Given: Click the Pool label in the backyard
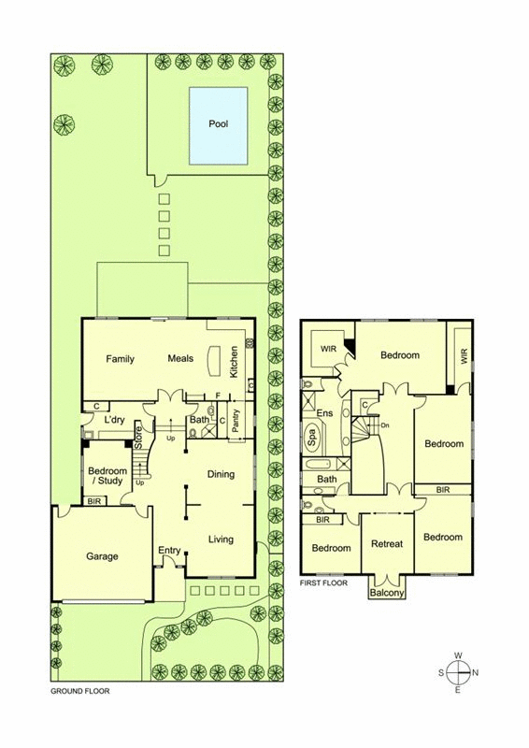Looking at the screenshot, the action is (x=219, y=123).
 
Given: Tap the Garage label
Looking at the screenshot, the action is (x=102, y=556).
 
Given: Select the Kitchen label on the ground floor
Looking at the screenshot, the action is (x=234, y=362).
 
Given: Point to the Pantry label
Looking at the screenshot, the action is (x=236, y=421).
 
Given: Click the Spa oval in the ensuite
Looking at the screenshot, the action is (x=312, y=437).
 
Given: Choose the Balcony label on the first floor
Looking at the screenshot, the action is (x=387, y=593).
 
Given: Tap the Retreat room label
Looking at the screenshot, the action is (x=387, y=543).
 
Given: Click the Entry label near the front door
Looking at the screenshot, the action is (x=169, y=551).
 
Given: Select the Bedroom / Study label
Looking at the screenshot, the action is (x=107, y=476).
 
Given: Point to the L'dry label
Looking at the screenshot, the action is (x=114, y=420).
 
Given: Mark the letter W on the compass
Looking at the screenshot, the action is (x=458, y=655).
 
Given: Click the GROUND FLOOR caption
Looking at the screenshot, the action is (x=80, y=691).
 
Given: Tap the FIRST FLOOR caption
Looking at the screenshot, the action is (x=323, y=583).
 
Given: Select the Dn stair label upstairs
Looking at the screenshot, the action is (x=385, y=425).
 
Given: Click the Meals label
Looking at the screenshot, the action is (x=180, y=358).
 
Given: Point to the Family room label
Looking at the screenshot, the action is (x=121, y=359).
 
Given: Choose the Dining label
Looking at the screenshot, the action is (x=221, y=474).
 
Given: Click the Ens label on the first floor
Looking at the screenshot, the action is (x=325, y=413).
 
